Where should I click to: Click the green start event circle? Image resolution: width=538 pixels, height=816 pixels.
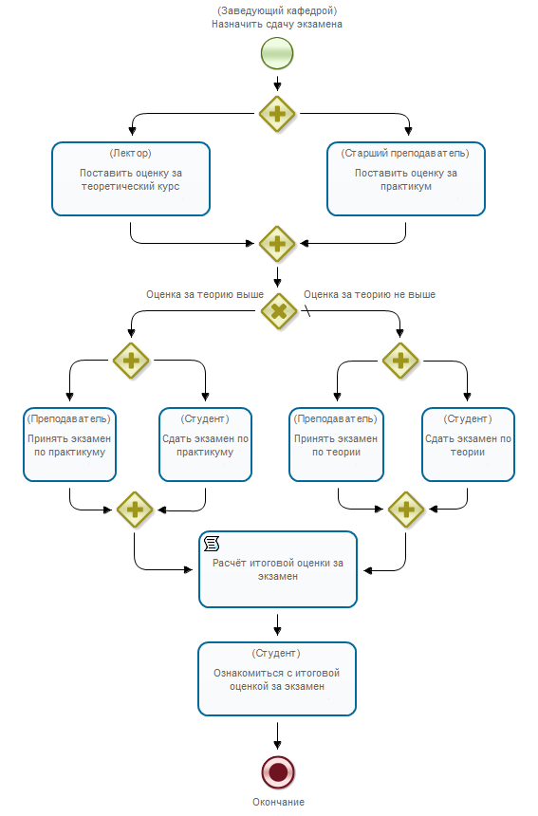tap(277, 53)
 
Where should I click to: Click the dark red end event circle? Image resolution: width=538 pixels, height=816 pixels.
tap(278, 772)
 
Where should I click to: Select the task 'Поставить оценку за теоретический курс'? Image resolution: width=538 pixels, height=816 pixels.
tap(131, 178)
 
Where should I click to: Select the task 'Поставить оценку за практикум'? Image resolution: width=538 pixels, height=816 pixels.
tap(406, 178)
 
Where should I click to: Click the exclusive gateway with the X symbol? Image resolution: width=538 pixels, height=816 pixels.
tap(279, 311)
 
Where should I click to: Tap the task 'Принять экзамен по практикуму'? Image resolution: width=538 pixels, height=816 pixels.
tap(69, 444)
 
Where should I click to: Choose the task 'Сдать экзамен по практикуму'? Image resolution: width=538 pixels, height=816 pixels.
tap(206, 444)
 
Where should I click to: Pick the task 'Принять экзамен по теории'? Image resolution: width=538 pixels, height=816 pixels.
tap(336, 444)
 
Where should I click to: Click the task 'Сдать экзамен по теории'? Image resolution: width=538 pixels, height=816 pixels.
tap(468, 444)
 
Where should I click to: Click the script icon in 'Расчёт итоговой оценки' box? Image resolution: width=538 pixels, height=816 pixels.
tap(212, 544)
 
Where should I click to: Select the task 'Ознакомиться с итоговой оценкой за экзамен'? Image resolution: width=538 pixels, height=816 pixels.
tap(277, 679)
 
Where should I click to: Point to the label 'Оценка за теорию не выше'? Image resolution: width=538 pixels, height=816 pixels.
tap(369, 294)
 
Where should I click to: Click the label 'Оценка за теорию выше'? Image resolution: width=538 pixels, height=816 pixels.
tap(205, 294)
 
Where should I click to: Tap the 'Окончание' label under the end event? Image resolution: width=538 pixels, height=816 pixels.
tap(278, 802)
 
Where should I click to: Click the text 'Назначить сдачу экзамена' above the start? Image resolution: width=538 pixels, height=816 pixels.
tap(277, 24)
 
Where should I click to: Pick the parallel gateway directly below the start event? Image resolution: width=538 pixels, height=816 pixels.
tap(277, 114)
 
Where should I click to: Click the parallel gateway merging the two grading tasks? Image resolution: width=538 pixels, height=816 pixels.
tap(277, 244)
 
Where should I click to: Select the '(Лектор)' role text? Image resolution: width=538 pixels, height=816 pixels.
tap(131, 153)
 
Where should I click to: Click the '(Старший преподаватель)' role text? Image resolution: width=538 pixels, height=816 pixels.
tap(405, 153)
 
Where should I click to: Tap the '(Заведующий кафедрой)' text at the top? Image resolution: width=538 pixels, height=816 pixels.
tap(277, 10)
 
